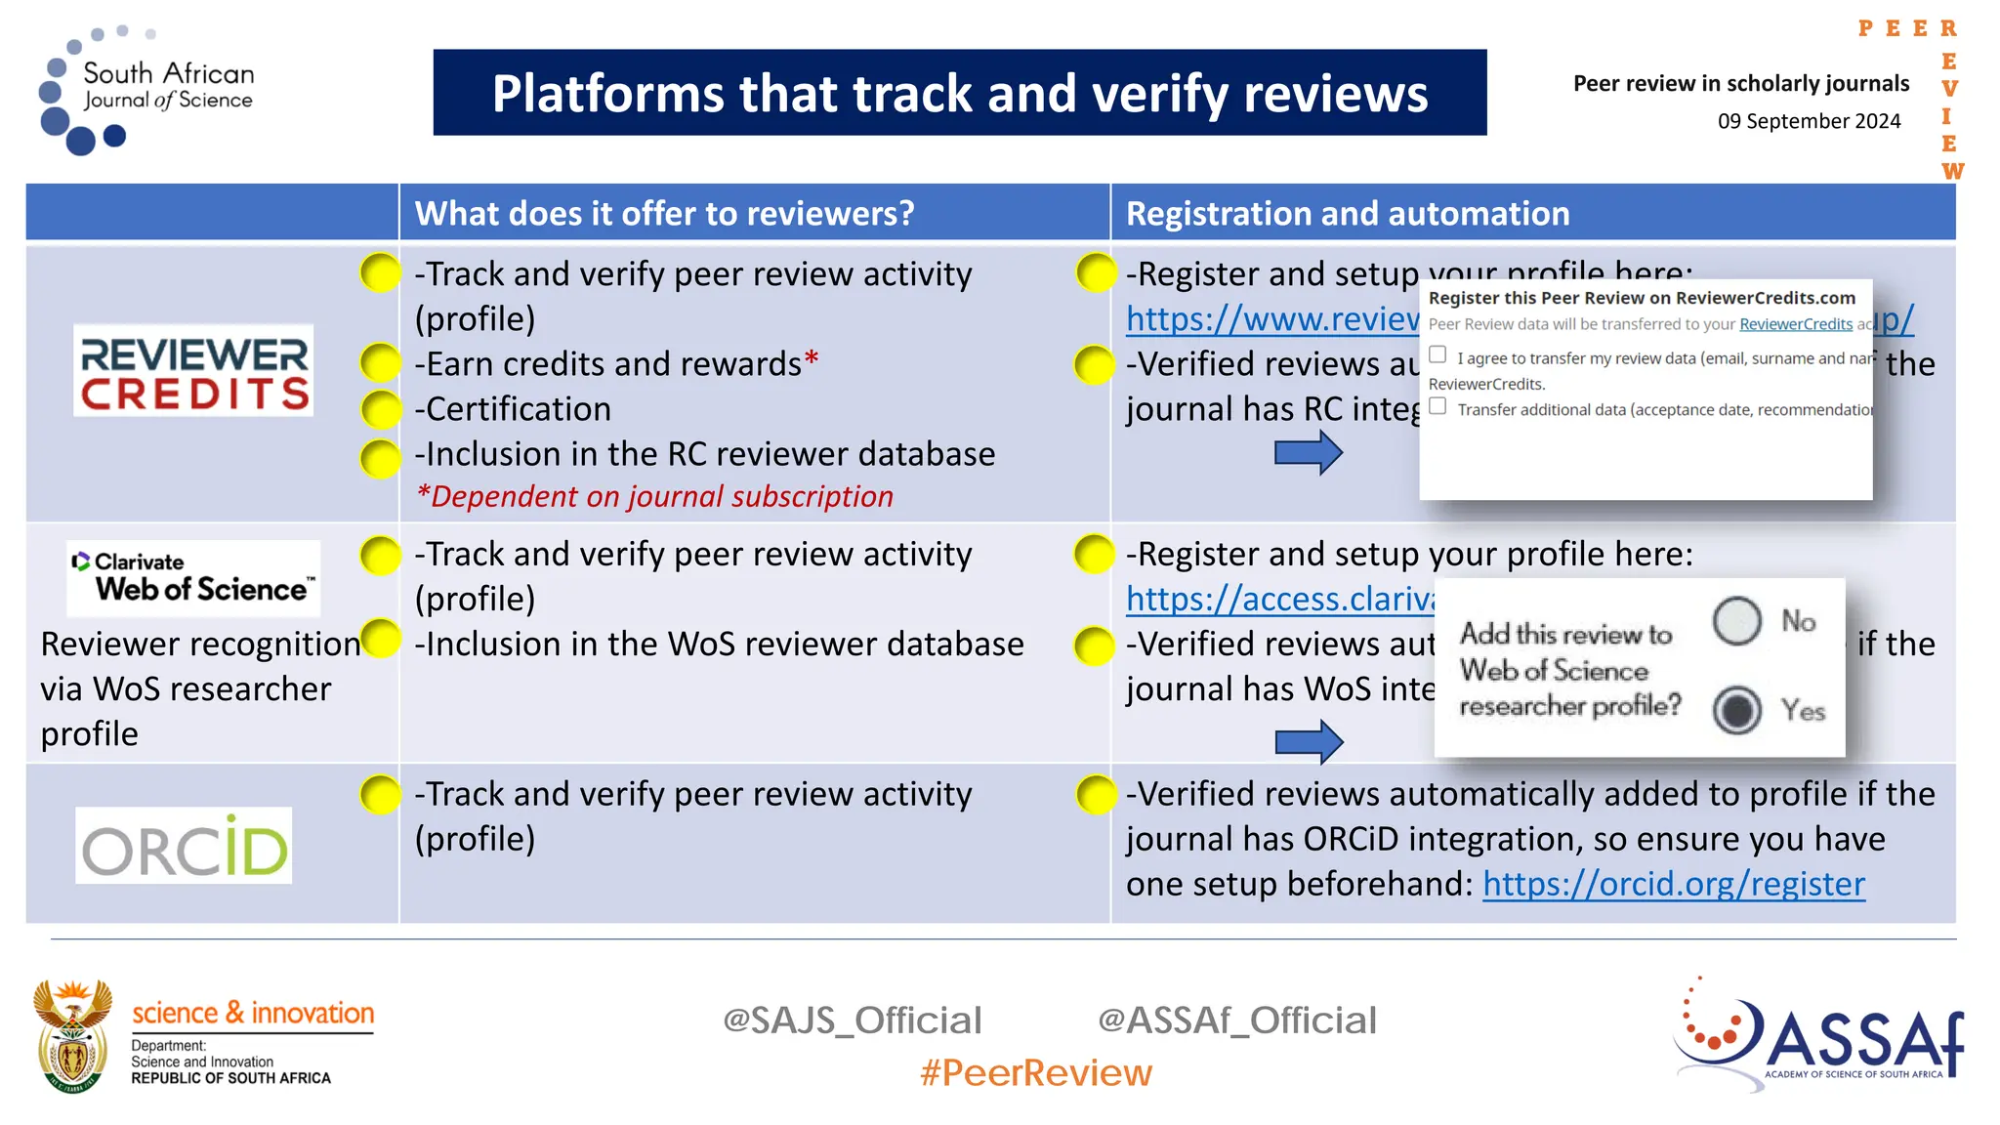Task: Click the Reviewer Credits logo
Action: tap(193, 371)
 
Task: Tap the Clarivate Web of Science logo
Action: tap(193, 578)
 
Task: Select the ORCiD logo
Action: tap(184, 846)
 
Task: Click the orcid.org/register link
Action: tap(1673, 884)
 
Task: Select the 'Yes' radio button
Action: tap(1736, 710)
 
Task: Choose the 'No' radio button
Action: tap(1736, 621)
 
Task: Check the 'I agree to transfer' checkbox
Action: tap(1437, 354)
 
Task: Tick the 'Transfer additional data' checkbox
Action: tap(1437, 406)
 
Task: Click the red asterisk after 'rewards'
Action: tap(811, 359)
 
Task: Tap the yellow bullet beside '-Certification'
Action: tap(380, 409)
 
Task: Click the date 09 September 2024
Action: tap(1809, 121)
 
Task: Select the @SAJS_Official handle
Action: tap(852, 1021)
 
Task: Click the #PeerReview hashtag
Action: tap(1035, 1073)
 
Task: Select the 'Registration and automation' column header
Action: tap(1348, 214)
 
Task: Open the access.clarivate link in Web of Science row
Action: tap(1279, 599)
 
